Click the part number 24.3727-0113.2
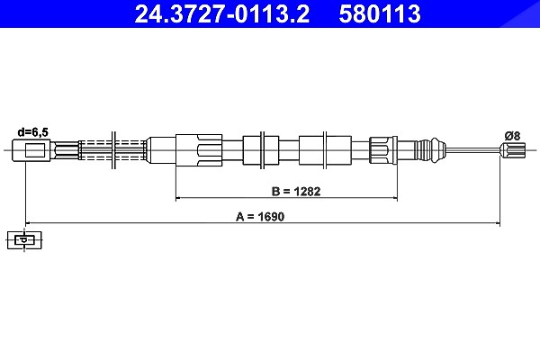coord(221,13)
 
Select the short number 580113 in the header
coord(380,13)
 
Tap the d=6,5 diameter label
coord(33,132)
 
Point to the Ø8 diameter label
coord(513,136)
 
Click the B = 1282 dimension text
coord(296,191)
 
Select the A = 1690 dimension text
coord(260,217)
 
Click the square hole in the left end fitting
coord(35,150)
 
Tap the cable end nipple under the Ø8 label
coord(513,150)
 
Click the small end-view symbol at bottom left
coord(24,239)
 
